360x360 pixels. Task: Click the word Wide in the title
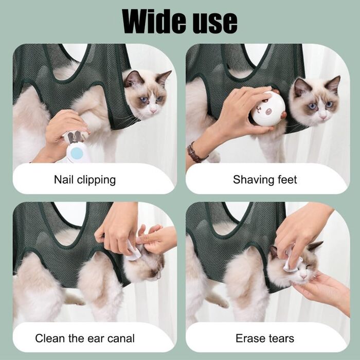[154, 21]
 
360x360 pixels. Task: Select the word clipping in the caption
[97, 181]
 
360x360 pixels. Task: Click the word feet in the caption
[287, 179]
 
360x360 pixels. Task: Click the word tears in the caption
[279, 338]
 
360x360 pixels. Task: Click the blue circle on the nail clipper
[77, 153]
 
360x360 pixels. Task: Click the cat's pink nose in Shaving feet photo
[323, 117]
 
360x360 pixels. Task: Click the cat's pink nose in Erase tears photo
[303, 276]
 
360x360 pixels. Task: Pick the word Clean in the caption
[50, 338]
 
